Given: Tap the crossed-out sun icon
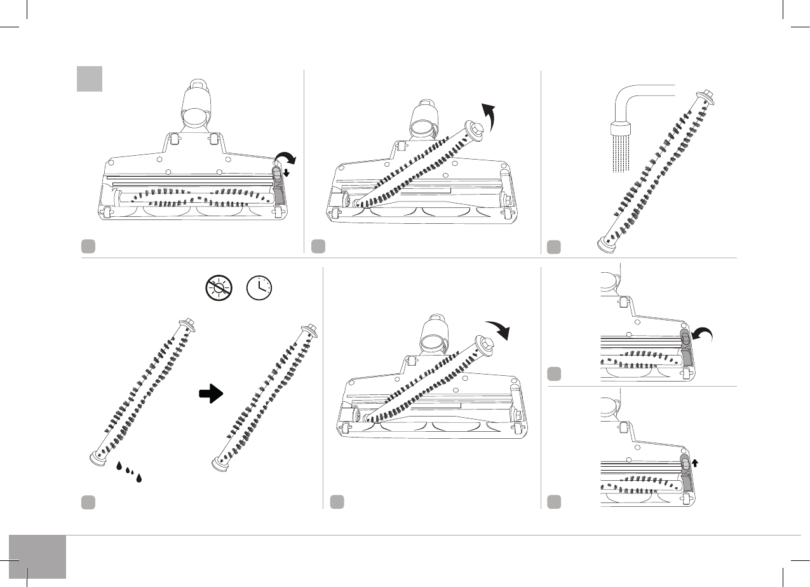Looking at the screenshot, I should (x=219, y=288).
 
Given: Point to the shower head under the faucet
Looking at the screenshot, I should (x=623, y=129).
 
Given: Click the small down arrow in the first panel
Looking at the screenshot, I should (x=287, y=173).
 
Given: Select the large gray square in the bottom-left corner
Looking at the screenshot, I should (x=37, y=556).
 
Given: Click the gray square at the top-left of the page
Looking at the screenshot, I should (x=89, y=78).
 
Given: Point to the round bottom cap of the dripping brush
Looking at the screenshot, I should (x=97, y=455).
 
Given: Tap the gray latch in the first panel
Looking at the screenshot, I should (x=278, y=184).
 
